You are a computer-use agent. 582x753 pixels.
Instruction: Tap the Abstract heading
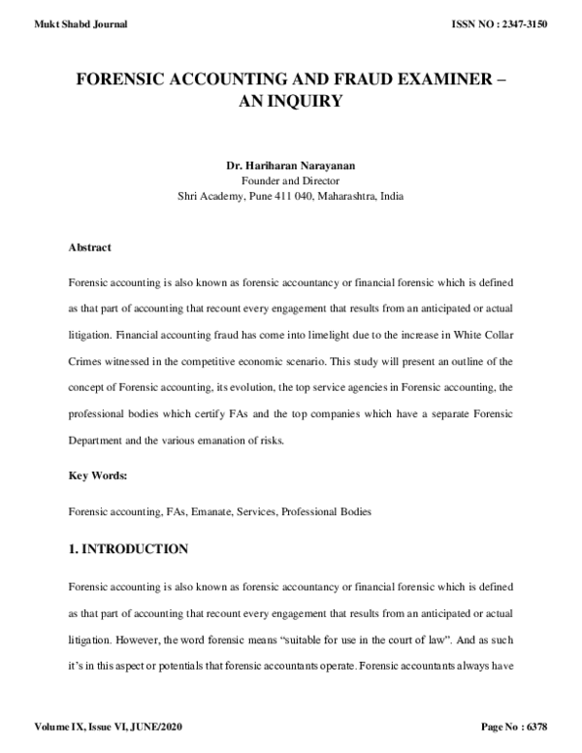[x=89, y=247]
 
